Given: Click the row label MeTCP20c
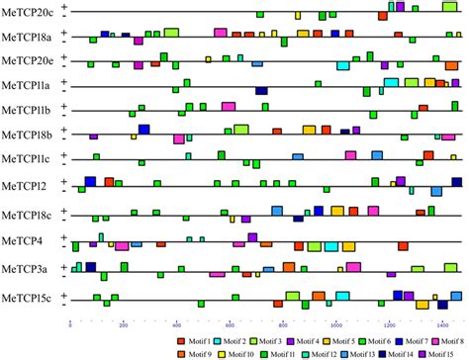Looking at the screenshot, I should [x=28, y=13].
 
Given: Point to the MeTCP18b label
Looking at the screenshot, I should [x=27, y=135].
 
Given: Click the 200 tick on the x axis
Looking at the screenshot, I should [x=123, y=322].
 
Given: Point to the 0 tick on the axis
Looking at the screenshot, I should [x=69, y=322].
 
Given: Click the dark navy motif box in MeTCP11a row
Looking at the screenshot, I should [x=261, y=91].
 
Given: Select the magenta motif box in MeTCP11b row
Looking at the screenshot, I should [x=228, y=106].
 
